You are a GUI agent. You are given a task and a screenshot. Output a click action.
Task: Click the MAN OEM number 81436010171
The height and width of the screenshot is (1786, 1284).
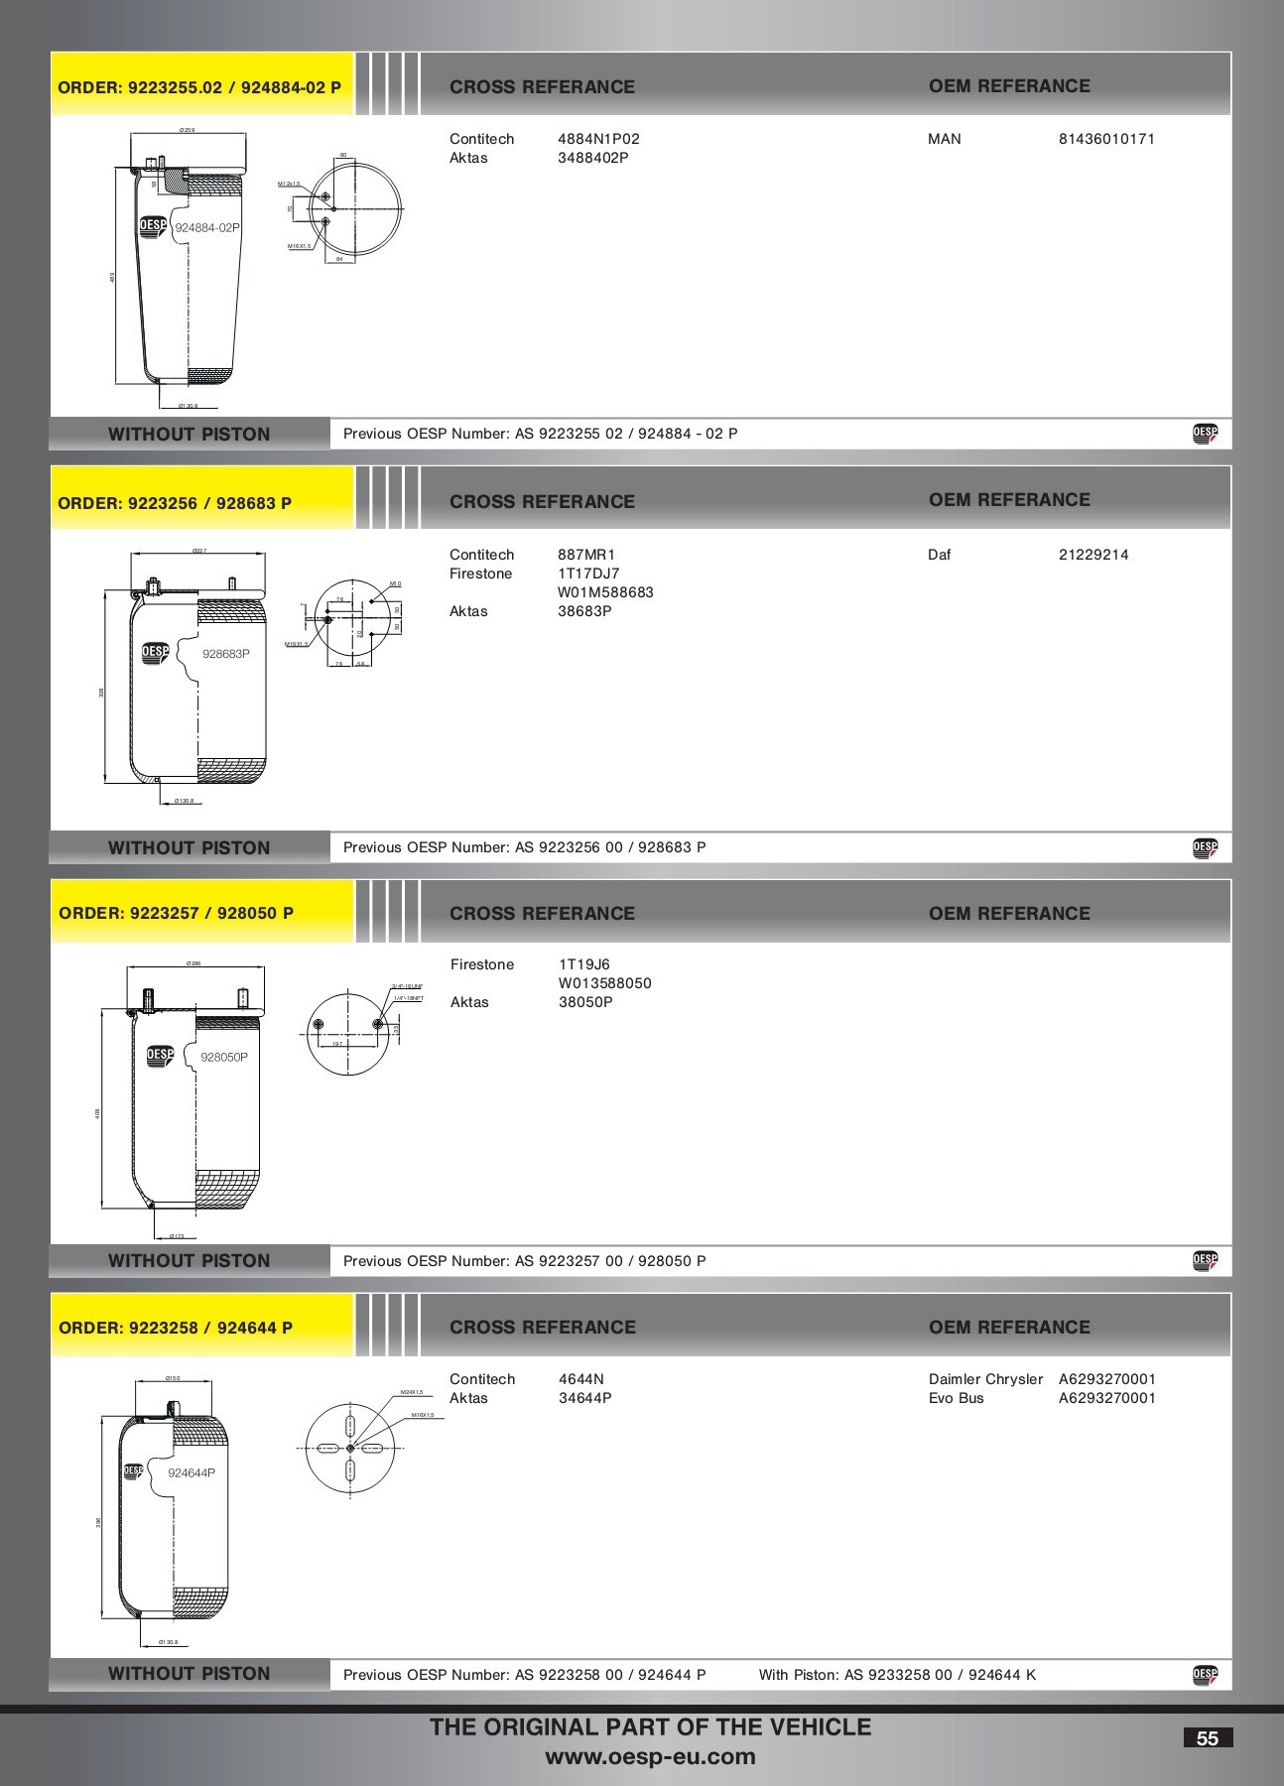1106,139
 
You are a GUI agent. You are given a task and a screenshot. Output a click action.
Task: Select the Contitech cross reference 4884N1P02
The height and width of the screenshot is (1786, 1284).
598,139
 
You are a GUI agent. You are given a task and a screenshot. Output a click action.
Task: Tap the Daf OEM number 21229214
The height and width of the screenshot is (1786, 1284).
1092,555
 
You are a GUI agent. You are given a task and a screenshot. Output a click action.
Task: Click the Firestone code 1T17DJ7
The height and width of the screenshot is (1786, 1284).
588,574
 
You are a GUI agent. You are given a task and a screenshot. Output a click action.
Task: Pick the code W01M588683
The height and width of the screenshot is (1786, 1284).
605,592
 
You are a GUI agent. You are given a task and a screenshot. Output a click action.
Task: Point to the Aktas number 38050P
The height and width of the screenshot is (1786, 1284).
585,1002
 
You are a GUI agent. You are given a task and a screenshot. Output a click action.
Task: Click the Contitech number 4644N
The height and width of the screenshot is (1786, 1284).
581,1379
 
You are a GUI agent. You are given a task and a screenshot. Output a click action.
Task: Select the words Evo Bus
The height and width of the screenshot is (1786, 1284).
956,1398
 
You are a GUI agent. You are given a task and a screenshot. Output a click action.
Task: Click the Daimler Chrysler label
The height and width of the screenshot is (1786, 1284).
985,1379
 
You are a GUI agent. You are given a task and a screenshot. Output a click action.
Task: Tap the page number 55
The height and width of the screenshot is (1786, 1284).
1208,1738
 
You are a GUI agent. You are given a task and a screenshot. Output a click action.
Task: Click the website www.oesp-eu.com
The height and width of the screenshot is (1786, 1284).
650,1757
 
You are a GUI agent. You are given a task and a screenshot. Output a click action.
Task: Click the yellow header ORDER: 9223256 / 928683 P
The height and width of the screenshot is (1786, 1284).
175,503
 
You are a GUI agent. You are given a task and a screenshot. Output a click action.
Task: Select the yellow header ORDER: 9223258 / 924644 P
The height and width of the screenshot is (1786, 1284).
176,1328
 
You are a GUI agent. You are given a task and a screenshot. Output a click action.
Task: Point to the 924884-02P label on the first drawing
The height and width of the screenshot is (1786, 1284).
207,227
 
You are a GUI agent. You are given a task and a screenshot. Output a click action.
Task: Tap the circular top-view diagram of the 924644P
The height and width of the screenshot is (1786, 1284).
349,1449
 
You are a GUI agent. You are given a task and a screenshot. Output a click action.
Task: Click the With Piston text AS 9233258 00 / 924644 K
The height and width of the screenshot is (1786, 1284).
897,1675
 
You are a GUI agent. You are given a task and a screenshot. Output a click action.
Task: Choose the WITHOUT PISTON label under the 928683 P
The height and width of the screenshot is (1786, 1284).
189,847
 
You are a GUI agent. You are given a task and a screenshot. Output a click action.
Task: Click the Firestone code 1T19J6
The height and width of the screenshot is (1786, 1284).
584,964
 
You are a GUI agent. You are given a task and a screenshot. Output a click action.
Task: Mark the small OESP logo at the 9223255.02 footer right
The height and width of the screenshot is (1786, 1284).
1205,433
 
